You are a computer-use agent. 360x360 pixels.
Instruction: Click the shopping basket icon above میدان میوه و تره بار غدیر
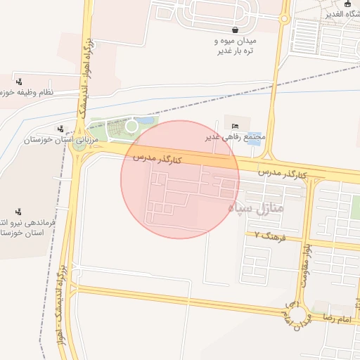[234, 30]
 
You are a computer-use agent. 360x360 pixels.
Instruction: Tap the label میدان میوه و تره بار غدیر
[236, 46]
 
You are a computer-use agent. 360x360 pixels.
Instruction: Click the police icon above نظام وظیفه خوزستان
[18, 81]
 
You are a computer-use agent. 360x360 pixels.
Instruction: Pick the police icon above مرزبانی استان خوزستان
[62, 129]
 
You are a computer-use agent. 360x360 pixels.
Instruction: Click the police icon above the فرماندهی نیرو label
[18, 210]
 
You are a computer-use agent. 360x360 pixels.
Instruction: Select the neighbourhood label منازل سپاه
[255, 208]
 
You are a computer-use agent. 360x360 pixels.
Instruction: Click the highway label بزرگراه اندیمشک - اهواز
[62, 295]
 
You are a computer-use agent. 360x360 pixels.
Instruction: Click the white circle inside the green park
[131, 126]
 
